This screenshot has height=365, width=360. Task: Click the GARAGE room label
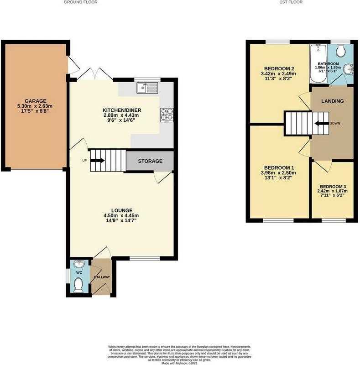[36, 101]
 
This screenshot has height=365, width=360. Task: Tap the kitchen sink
[147, 88]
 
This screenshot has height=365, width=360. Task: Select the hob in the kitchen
[167, 115]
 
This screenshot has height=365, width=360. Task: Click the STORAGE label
[150, 161]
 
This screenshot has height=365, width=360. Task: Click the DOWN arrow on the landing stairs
[321, 123]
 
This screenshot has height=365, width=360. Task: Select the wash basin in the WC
[78, 264]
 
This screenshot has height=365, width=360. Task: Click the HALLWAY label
[102, 277]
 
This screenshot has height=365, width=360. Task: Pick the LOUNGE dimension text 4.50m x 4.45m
[121, 215]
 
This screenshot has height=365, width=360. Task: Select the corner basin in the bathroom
[349, 69]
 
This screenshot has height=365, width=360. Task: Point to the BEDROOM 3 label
[333, 187]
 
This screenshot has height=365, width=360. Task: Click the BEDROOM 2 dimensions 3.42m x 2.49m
[279, 74]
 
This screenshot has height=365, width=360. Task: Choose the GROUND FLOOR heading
[81, 2]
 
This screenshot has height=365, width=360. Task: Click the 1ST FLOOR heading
[291, 2]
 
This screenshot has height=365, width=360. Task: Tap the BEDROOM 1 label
[279, 167]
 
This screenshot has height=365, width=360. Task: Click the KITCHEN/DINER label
[122, 110]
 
